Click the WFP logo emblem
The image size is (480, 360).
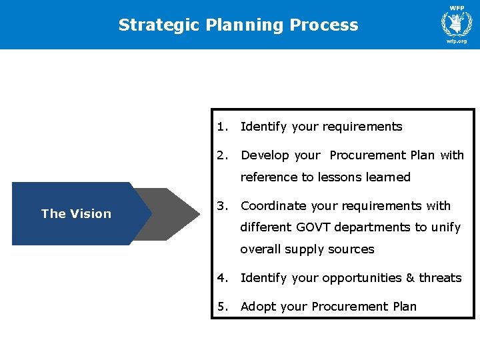457,23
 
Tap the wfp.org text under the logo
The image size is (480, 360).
457,41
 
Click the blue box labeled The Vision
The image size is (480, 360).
76,213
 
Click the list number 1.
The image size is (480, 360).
221,127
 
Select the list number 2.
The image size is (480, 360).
221,155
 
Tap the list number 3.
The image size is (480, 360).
221,206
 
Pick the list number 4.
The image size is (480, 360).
221,278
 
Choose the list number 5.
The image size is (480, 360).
221,307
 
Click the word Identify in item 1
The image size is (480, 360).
263,127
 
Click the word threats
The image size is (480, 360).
440,278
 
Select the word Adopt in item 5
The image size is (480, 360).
257,307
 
